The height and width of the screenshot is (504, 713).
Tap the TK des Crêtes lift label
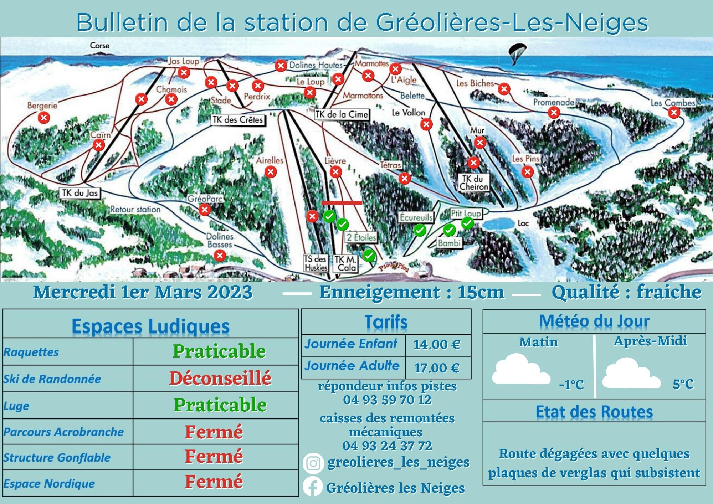pyautogui.click(x=238, y=120)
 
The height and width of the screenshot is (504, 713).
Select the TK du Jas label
pyautogui.click(x=80, y=193)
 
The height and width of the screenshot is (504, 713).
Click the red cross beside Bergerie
pyautogui.click(x=44, y=118)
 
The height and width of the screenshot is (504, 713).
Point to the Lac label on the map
pyautogui.click(x=523, y=223)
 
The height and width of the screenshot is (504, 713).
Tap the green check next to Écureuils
pyautogui.click(x=420, y=230)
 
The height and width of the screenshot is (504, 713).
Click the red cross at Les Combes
pyautogui.click(x=674, y=113)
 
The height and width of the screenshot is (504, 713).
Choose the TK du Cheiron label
pyautogui.click(x=473, y=182)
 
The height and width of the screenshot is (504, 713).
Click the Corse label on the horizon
pyautogui.click(x=99, y=46)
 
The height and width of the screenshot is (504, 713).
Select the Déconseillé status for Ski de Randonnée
pyautogui.click(x=220, y=378)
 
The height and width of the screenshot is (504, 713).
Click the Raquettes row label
pyautogui.click(x=31, y=352)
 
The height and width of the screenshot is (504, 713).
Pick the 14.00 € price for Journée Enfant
pyautogui.click(x=437, y=345)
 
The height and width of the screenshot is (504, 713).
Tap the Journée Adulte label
pyautogui.click(x=352, y=366)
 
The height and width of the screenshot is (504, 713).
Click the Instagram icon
pyautogui.click(x=313, y=463)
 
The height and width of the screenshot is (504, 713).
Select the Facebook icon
pyautogui.click(x=312, y=487)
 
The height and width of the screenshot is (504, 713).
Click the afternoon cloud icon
pyautogui.click(x=630, y=374)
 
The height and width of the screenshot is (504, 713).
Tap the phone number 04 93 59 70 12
pyautogui.click(x=387, y=400)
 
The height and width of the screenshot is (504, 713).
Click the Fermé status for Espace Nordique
pyautogui.click(x=214, y=482)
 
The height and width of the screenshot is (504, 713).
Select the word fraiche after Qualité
pyautogui.click(x=669, y=292)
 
